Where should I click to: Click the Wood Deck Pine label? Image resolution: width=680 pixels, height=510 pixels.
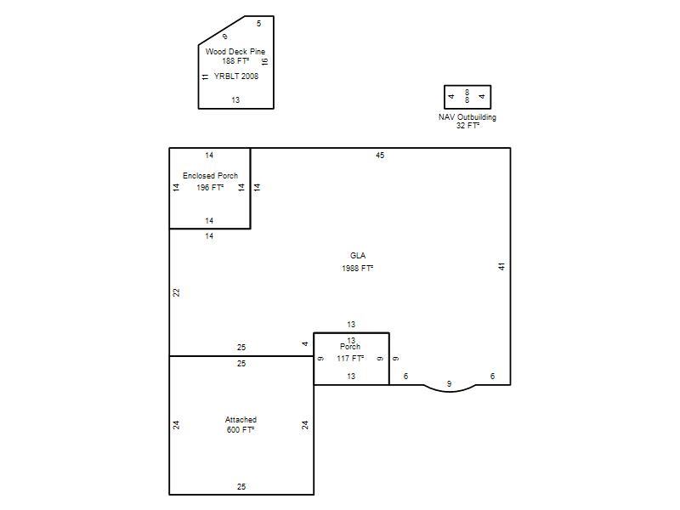coord(235,52)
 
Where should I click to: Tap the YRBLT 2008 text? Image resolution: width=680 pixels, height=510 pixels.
coord(236,76)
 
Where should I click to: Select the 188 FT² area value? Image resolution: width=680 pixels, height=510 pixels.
coord(235,61)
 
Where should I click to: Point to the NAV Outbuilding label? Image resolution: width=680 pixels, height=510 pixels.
coord(467,117)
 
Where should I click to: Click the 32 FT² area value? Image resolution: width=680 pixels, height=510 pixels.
coord(467,126)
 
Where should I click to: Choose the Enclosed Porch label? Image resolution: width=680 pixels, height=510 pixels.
coord(210,176)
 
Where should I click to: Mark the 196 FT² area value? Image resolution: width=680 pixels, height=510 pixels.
coord(210,187)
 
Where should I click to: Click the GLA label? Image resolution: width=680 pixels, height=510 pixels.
coord(358,256)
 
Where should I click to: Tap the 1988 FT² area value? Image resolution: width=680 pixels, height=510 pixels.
coord(357,269)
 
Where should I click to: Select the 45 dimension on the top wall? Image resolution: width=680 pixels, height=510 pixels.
coord(380,156)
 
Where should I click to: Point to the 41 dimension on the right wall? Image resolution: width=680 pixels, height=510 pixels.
coord(501,266)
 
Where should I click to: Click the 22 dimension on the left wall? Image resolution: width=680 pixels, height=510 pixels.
coord(176,292)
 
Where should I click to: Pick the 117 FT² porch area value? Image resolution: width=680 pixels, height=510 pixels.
coord(350,359)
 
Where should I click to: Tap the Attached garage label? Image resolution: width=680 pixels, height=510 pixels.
coord(241,420)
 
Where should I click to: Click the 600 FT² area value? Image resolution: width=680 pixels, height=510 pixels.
coord(241,430)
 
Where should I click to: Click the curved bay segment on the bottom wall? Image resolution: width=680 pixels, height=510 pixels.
coord(450,391)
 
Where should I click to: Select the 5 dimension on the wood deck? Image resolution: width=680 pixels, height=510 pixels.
coord(259,24)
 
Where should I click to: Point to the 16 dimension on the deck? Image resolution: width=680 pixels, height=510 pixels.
coord(264,61)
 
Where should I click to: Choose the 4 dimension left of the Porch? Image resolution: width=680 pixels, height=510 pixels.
coord(305,344)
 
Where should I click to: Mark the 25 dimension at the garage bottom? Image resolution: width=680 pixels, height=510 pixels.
coord(241,486)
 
